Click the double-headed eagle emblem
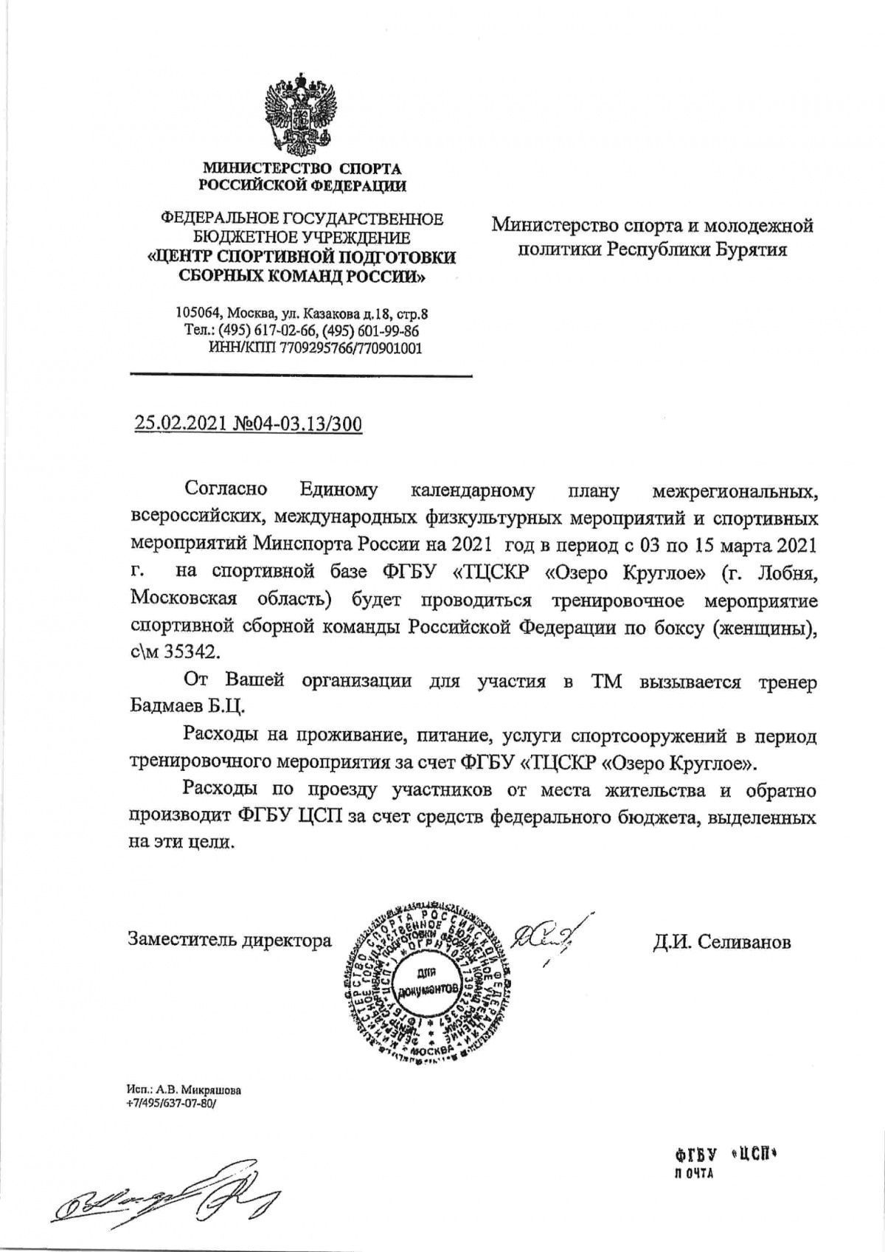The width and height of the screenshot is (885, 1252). point(302,111)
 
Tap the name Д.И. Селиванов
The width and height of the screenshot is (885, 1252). point(721,941)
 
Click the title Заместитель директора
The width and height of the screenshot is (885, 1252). point(229,940)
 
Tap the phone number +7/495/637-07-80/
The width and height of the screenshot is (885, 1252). point(174,1103)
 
